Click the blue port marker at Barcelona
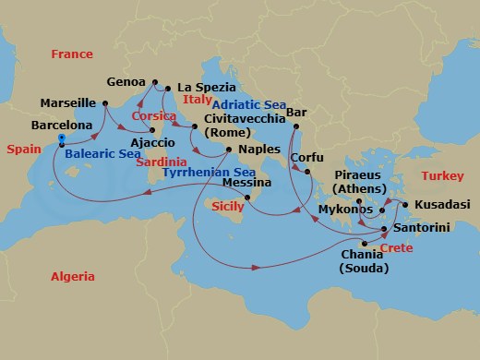point(61,139)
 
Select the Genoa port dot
point(154,81)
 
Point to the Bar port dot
point(297,126)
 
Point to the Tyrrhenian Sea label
point(208,172)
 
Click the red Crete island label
point(396,248)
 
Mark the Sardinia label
point(157,162)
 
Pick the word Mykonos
point(343,210)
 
